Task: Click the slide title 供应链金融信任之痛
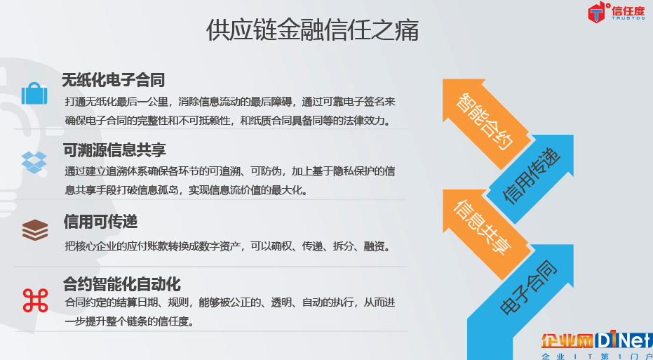[x=312, y=30]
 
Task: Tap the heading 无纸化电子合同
[x=114, y=80]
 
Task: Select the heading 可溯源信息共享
[x=114, y=150]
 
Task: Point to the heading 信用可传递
[x=100, y=221]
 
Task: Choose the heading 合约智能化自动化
[x=122, y=284]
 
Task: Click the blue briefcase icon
[x=34, y=93]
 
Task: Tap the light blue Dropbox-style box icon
[x=34, y=163]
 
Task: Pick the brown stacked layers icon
[x=35, y=230]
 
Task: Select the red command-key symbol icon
[x=35, y=300]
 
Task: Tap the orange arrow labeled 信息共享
[x=485, y=233]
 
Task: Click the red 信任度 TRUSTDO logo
[x=617, y=13]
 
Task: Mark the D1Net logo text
[x=624, y=341]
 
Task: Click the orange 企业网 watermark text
[x=567, y=341]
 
